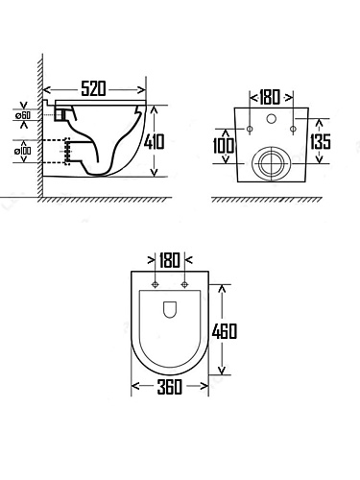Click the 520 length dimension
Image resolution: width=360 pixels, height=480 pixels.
[93, 88]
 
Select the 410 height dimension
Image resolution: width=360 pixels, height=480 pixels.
[154, 141]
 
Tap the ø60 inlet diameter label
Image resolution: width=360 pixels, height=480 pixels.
[23, 115]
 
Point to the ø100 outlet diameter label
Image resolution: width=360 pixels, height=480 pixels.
[23, 151]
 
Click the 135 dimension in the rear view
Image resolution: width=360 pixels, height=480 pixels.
[320, 141]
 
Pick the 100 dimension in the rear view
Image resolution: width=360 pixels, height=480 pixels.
[224, 146]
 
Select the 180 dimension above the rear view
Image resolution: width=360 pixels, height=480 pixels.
[270, 97]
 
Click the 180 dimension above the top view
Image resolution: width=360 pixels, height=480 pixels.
[170, 260]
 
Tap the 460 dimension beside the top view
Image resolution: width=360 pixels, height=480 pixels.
[225, 331]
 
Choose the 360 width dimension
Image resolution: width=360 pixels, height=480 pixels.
[170, 387]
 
